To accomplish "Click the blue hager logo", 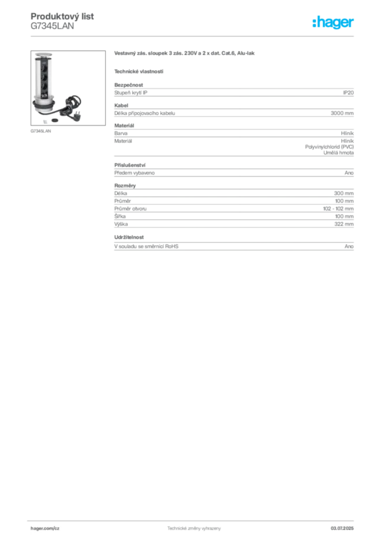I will pyautogui.click(x=334, y=23).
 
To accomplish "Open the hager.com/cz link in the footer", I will pyautogui.click(x=46, y=527).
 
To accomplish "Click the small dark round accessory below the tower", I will pyautogui.click(x=55, y=121).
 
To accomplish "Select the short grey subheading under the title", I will pyautogui.click(x=139, y=71).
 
